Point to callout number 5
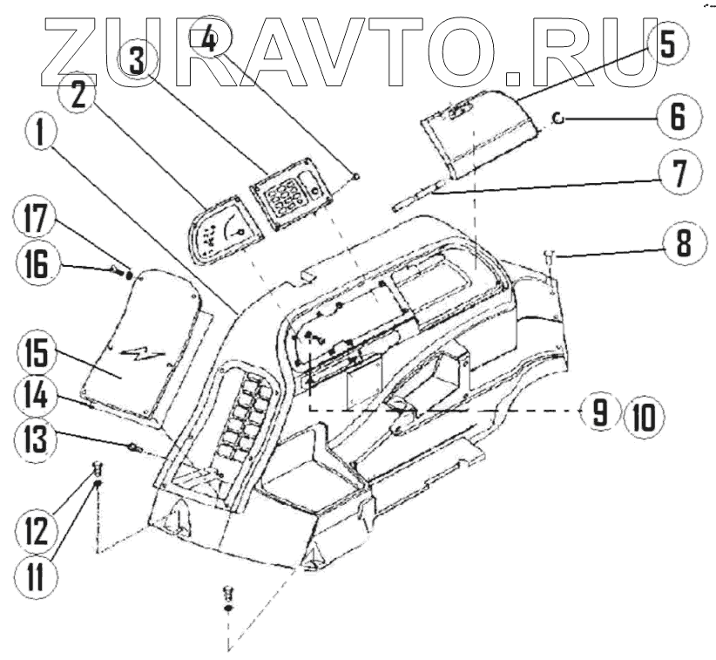coord(666,44)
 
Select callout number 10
coord(642,412)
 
